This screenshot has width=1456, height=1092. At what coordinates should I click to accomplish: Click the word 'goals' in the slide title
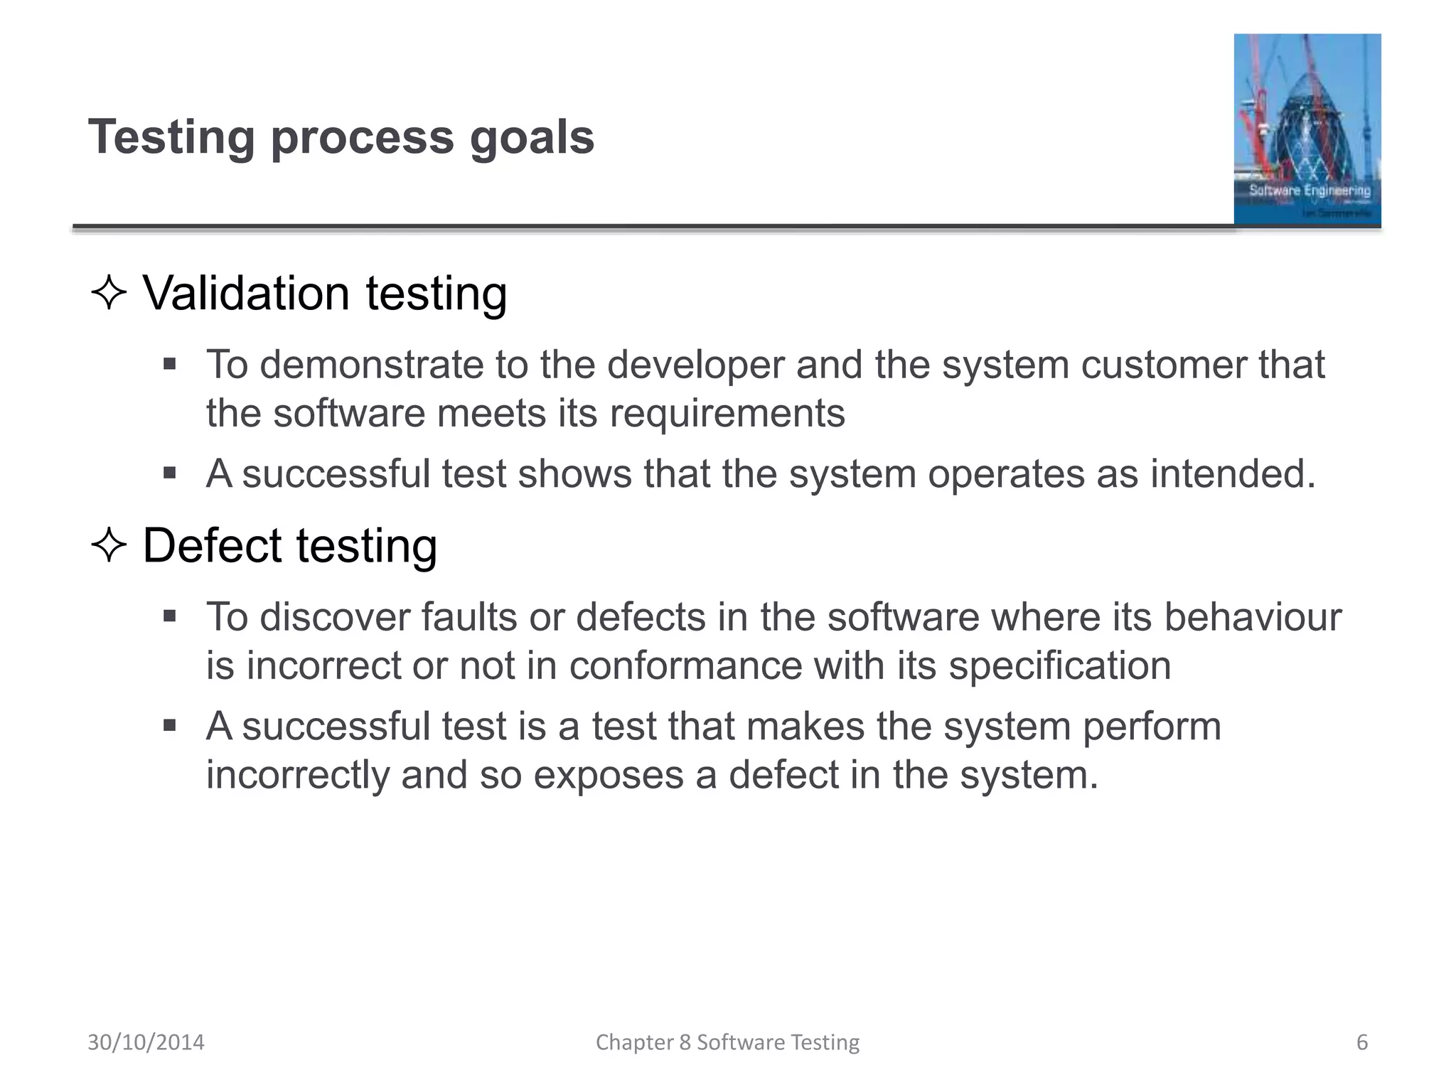click(x=532, y=138)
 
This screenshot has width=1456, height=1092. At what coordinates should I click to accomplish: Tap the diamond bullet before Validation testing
click(x=109, y=294)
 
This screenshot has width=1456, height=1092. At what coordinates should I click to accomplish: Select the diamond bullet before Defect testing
click(x=109, y=546)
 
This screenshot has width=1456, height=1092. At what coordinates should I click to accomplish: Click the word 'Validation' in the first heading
click(x=246, y=294)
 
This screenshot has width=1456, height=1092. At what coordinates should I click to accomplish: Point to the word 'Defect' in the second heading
click(x=212, y=546)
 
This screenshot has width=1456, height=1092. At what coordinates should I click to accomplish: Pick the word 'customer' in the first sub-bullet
click(x=1163, y=365)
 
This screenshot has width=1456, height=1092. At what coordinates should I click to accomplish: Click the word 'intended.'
click(x=1233, y=474)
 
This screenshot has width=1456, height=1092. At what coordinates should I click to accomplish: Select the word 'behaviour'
click(x=1252, y=617)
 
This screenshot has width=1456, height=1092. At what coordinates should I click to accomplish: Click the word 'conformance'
click(x=685, y=666)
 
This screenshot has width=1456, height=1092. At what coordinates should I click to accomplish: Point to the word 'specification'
click(x=1059, y=666)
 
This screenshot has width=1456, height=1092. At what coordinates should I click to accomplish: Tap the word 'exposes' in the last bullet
click(x=608, y=776)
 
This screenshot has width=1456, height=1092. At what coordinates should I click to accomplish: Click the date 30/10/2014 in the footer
click(x=146, y=1042)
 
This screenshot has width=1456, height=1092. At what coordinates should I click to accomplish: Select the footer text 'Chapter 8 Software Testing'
click(x=727, y=1042)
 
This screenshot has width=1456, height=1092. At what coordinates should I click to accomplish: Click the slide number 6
click(x=1361, y=1042)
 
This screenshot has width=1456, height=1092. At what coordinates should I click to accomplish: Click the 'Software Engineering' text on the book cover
click(x=1309, y=191)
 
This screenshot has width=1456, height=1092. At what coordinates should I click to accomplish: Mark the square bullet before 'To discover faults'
click(x=169, y=616)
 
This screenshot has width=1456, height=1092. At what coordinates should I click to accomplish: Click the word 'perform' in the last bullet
click(x=1152, y=727)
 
